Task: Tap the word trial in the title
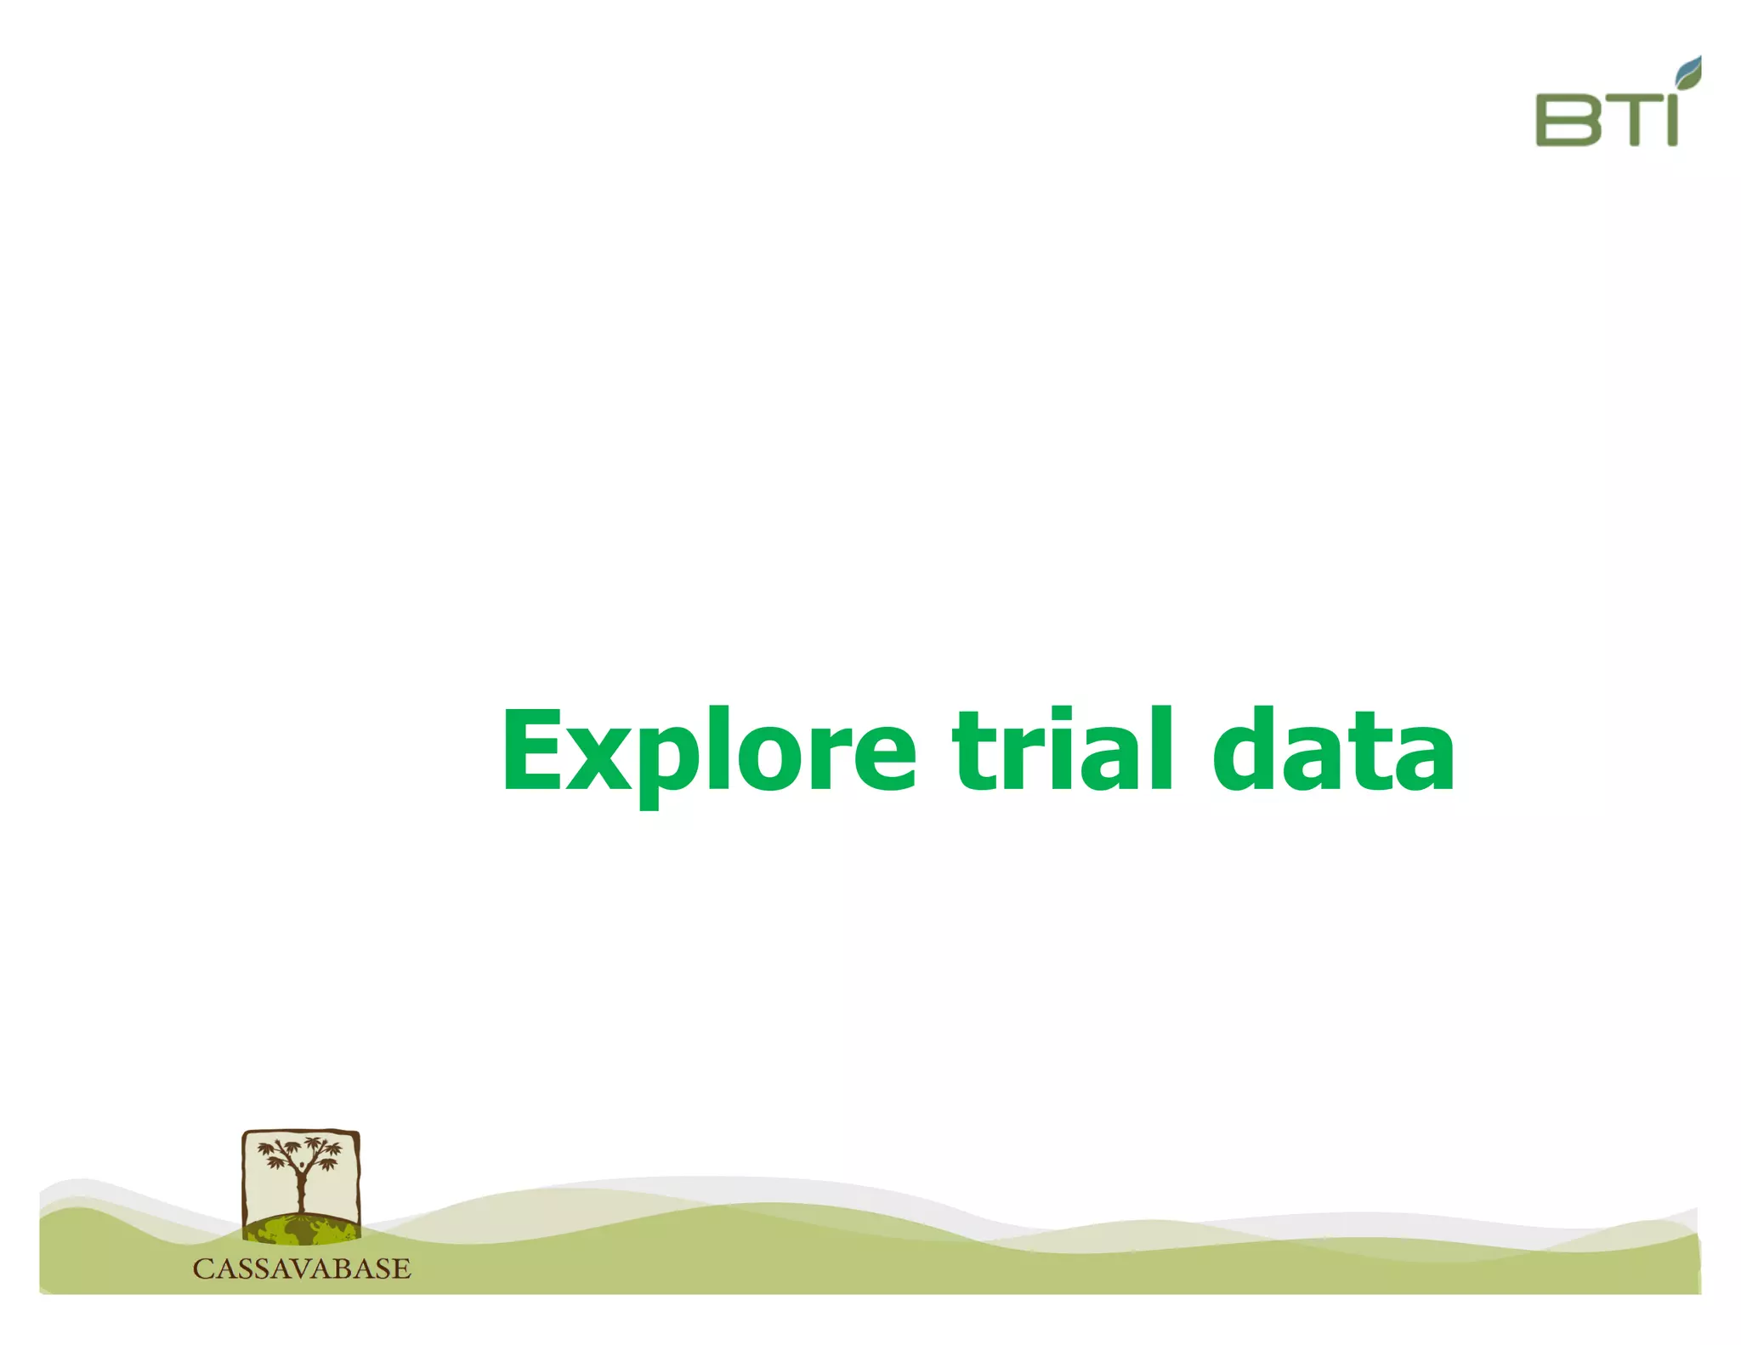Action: (x=1063, y=750)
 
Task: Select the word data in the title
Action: (x=1332, y=750)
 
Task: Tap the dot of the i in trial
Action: (x=1058, y=716)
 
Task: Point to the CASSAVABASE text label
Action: (x=302, y=1268)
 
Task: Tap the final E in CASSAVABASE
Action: (x=401, y=1268)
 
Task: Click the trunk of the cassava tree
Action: (x=301, y=1190)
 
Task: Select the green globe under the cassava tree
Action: (x=301, y=1229)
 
